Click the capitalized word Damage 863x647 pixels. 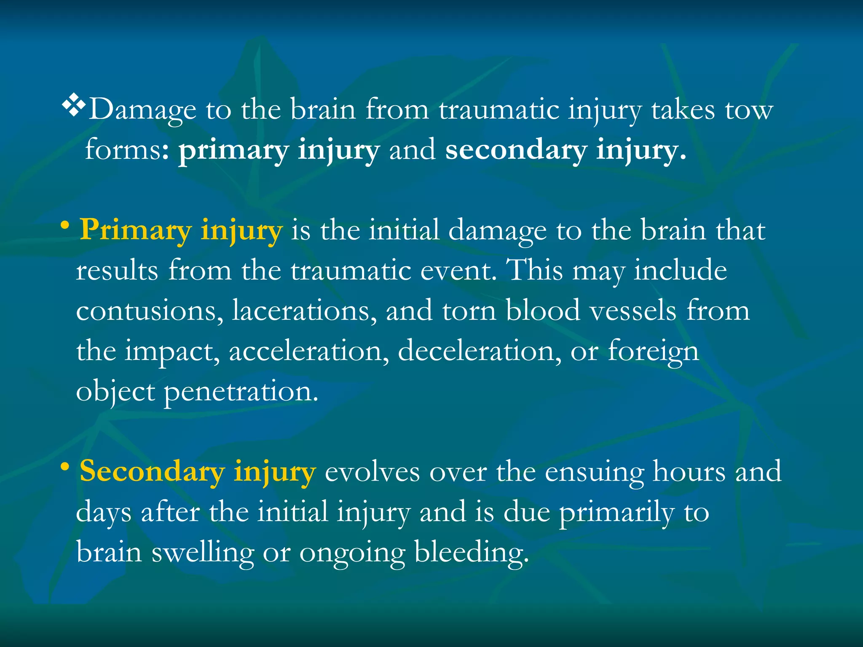[x=142, y=110]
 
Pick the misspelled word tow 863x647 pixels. [x=749, y=110]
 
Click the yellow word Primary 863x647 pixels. [x=135, y=231]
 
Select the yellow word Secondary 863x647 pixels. [x=152, y=471]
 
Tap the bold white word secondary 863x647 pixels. [x=516, y=150]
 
